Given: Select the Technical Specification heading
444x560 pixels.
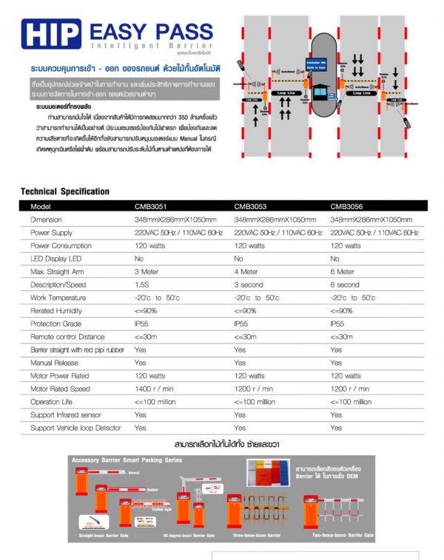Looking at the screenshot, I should click(65, 191).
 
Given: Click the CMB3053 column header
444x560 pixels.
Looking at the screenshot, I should click(251, 206).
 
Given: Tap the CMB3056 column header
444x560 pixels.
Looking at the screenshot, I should click(347, 206).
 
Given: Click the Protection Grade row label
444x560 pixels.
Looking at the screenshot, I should click(57, 324).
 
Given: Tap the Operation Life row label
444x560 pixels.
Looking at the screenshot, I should click(56, 402).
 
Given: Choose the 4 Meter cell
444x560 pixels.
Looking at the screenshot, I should click(248, 272).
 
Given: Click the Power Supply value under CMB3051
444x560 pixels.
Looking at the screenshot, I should click(178, 233).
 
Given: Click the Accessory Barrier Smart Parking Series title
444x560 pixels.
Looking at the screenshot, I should click(127, 460).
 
